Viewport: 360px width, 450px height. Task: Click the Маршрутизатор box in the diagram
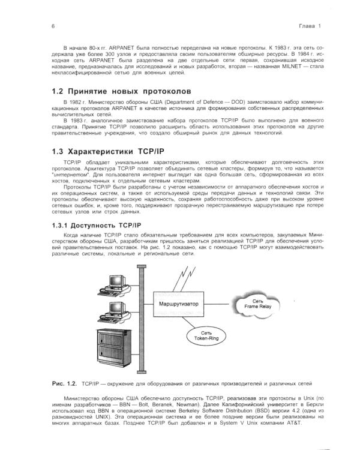click(178, 304)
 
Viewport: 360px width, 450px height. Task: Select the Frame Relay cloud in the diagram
click(257, 304)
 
